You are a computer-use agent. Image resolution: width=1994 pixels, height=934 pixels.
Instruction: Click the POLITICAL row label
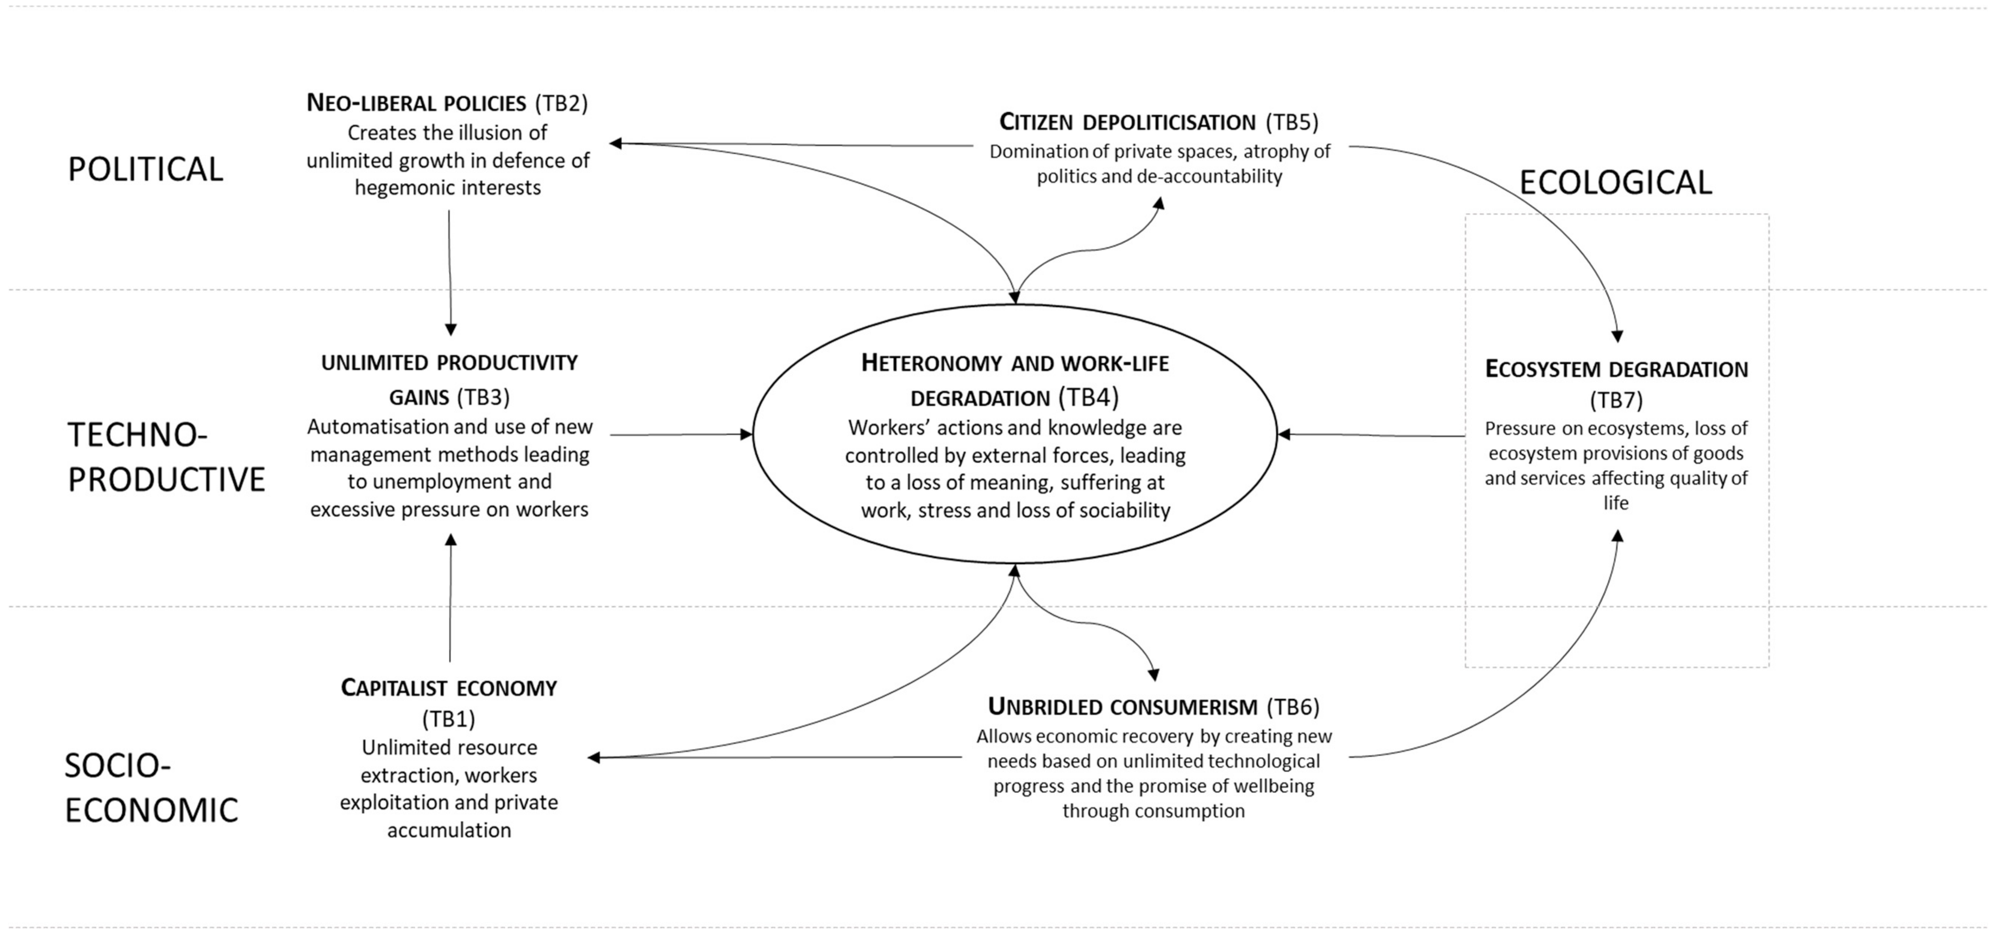tap(145, 169)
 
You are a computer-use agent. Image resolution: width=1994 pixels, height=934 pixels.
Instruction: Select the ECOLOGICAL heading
tap(1616, 183)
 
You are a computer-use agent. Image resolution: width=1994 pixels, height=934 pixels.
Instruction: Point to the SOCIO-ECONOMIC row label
tap(151, 788)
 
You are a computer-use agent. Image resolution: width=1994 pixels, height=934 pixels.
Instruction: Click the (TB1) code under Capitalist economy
tap(449, 719)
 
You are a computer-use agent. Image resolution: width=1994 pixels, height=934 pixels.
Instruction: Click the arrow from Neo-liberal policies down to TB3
tap(450, 271)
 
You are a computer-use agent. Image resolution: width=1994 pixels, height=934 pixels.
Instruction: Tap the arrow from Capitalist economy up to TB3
tap(450, 596)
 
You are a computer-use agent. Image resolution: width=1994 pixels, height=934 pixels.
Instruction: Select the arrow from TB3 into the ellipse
tap(681, 435)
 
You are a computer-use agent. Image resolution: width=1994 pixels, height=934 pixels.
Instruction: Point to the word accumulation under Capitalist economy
tap(449, 830)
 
